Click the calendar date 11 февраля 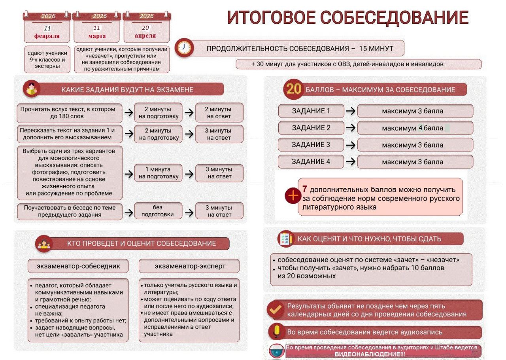[x=47, y=32]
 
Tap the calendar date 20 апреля [x=145, y=32]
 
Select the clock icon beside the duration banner [x=183, y=47]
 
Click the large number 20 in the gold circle [x=294, y=89]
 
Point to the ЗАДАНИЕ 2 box [x=311, y=128]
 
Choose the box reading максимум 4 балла [x=415, y=128]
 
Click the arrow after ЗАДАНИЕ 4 [x=350, y=162]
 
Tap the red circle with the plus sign [x=293, y=195]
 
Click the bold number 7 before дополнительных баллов [x=305, y=189]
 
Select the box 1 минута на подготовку [x=159, y=173]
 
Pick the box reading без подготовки [x=159, y=211]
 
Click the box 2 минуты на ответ [x=219, y=112]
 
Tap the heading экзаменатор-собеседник [x=78, y=266]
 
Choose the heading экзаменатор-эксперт [x=189, y=266]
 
